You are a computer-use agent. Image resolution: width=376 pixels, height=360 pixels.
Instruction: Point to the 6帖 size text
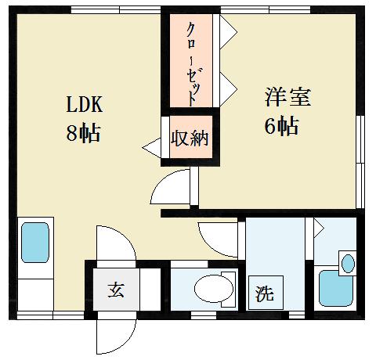tap(281, 125)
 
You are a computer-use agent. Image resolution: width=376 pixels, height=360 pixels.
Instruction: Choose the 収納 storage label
tap(190, 140)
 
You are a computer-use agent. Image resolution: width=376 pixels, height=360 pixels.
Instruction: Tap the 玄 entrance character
tap(115, 290)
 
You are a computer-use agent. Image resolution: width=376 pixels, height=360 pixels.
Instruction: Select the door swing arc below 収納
tap(172, 188)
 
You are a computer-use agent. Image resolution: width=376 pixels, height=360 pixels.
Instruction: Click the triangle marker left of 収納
tap(151, 146)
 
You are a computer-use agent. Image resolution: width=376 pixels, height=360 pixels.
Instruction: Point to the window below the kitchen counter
tap(47, 315)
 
